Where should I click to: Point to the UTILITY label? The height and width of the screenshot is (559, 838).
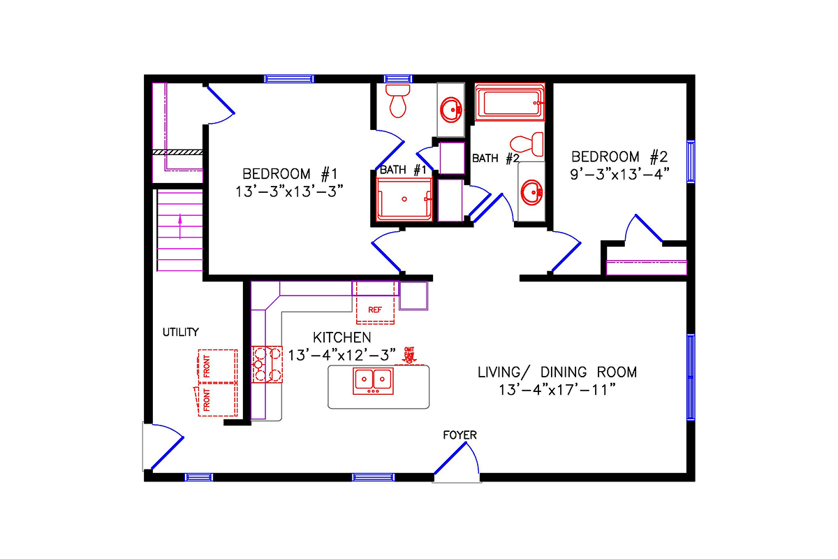[x=181, y=332]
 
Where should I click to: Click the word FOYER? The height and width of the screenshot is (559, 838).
[x=460, y=435]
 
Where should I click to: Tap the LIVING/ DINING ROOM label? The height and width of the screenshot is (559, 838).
[x=557, y=372]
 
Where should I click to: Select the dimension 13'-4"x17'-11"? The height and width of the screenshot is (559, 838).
[x=557, y=390]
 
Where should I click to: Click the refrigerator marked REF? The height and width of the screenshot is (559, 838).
[x=375, y=303]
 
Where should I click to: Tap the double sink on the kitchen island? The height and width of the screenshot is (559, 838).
[x=374, y=380]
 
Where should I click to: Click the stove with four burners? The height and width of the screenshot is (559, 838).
[x=267, y=365]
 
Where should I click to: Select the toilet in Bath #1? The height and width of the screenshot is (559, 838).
[x=399, y=102]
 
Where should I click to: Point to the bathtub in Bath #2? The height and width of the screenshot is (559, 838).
[x=509, y=103]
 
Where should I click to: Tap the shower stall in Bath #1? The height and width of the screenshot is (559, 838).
[x=404, y=199]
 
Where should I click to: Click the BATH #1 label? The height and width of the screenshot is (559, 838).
[x=403, y=170]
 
